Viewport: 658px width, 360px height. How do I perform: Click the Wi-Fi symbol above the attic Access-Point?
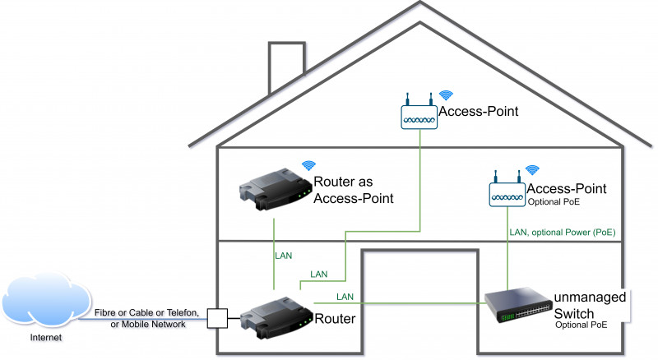pos(446,95)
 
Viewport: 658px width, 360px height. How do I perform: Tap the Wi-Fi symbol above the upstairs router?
pos(308,165)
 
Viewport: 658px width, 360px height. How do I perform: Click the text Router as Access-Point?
pos(354,190)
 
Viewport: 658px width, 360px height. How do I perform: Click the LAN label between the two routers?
pos(283,256)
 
